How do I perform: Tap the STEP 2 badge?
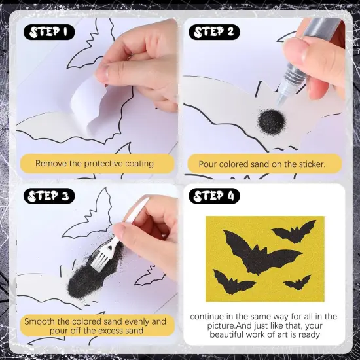(217, 32)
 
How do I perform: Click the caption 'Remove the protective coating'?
(94, 163)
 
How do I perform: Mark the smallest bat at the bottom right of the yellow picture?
(297, 283)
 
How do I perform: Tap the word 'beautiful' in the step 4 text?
(232, 334)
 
